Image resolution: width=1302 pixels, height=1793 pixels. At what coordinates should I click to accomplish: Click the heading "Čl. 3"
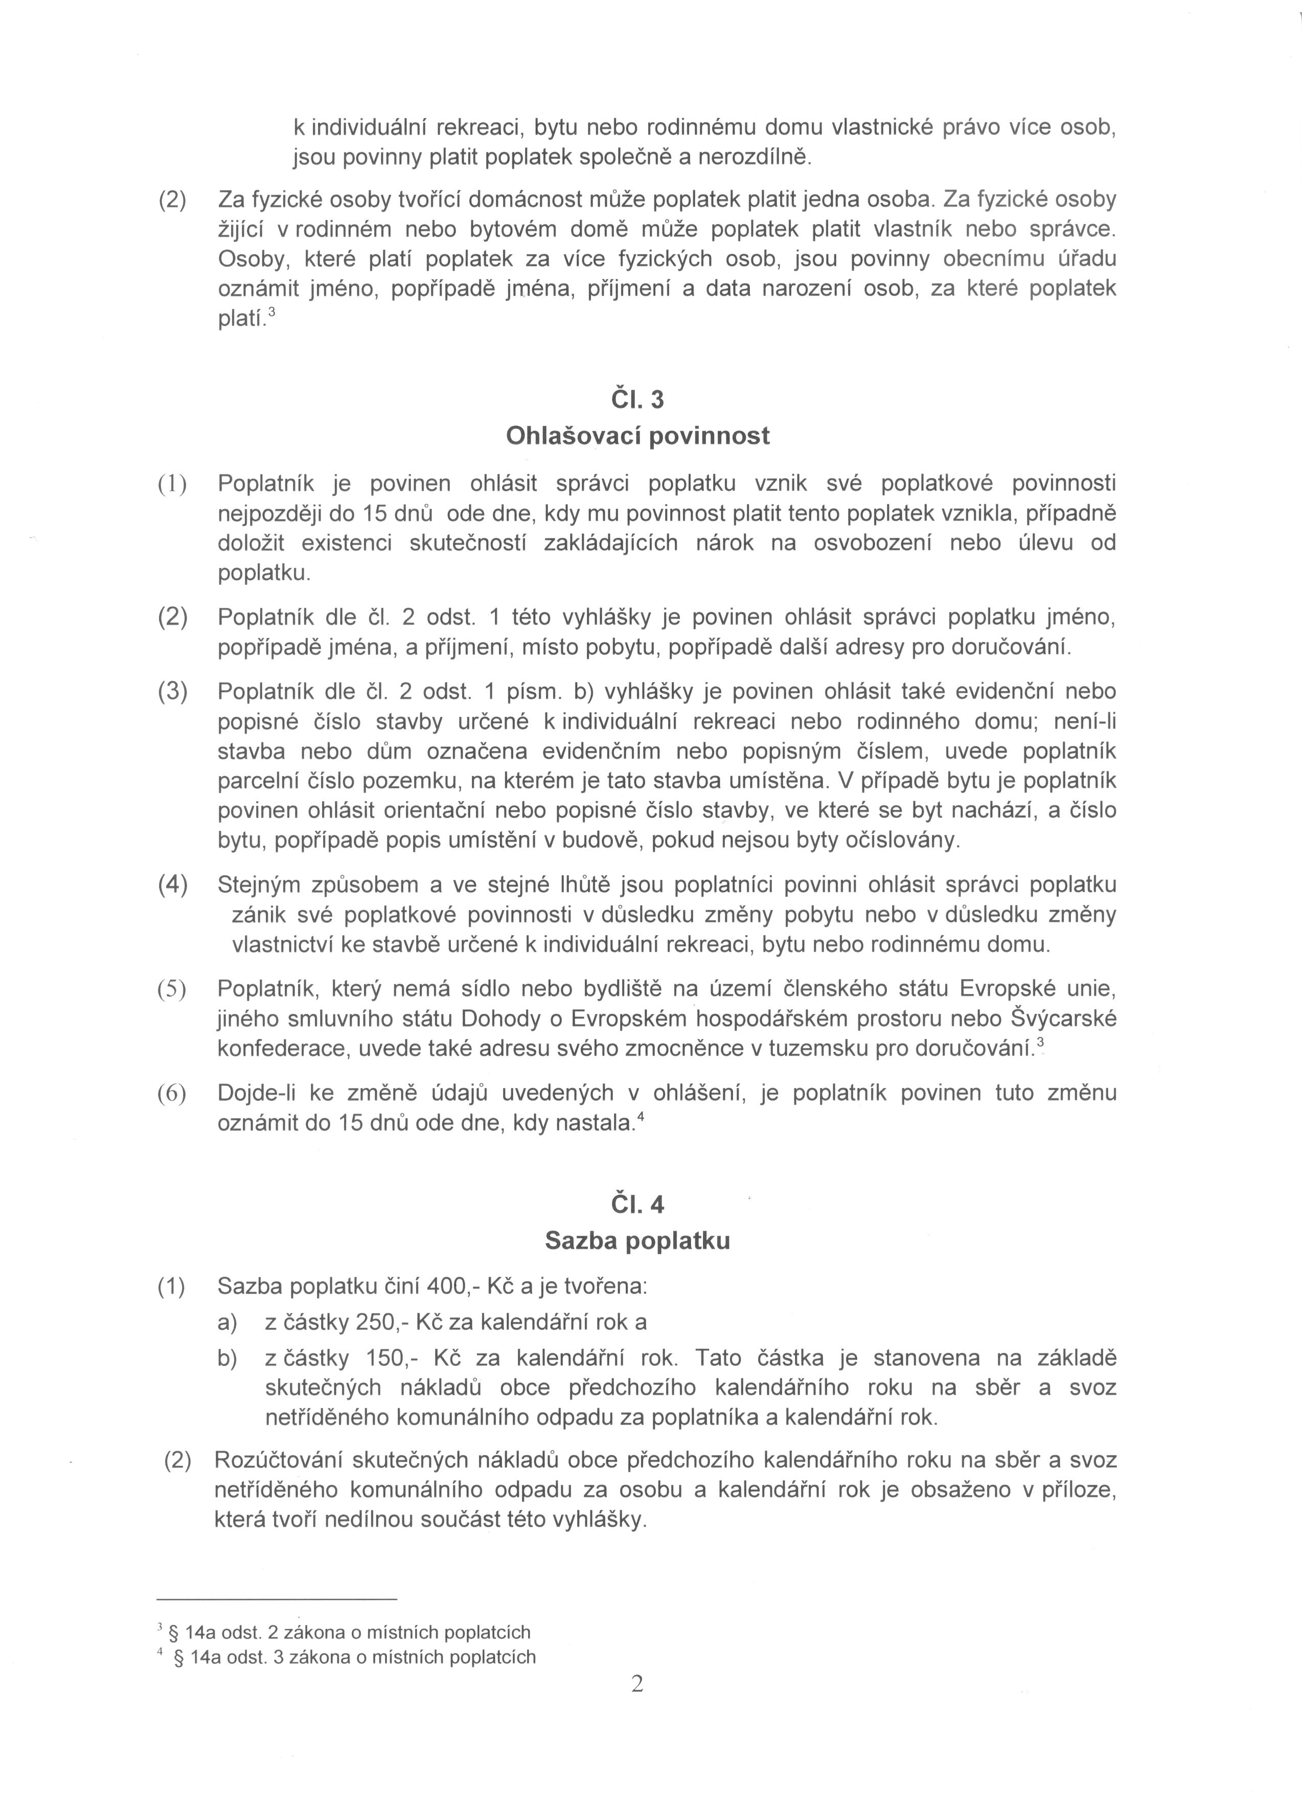(637, 400)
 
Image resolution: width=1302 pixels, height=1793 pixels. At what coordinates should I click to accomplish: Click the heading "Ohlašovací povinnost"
(637, 436)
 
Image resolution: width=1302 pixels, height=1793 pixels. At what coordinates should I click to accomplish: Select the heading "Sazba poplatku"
(637, 1240)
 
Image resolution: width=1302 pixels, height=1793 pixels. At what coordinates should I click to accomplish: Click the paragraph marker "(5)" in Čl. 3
(172, 989)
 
